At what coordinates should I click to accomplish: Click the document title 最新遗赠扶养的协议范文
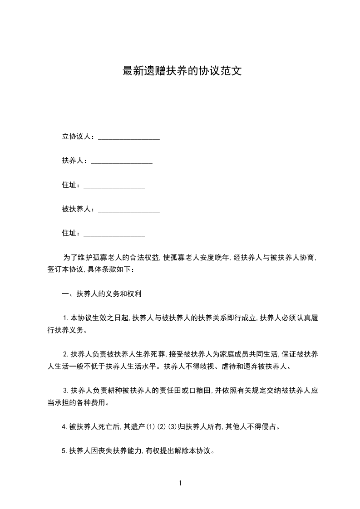click(180, 71)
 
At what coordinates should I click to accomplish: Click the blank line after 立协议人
click(129, 137)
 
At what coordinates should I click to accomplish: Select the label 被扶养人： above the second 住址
click(79, 209)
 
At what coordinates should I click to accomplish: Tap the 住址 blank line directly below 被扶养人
click(114, 234)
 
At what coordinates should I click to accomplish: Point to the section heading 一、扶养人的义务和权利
click(102, 294)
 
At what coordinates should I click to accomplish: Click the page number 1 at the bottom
click(180, 483)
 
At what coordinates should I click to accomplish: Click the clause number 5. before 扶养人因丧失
click(65, 451)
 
